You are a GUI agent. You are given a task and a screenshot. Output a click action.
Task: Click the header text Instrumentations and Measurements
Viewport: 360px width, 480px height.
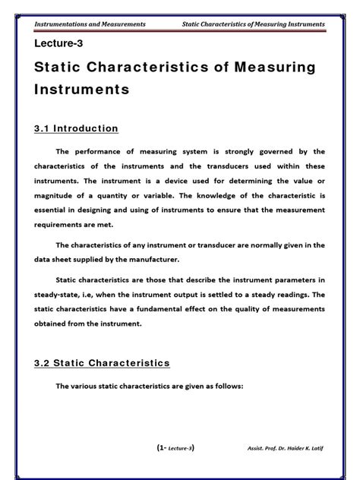click(x=93, y=24)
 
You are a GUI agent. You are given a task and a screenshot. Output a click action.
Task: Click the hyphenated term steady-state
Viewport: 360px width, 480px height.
click(x=62, y=295)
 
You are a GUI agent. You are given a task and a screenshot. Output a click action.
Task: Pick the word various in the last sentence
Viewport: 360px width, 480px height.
click(x=96, y=385)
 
